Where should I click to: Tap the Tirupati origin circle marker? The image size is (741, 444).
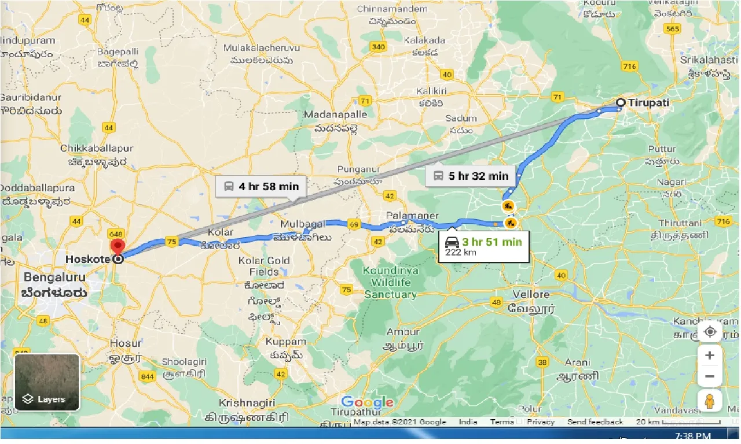620,103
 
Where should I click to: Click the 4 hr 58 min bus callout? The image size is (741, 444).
261,186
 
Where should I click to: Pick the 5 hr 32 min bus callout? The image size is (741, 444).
471,176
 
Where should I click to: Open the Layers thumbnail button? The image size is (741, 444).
47,382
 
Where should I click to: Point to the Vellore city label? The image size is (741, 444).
531,294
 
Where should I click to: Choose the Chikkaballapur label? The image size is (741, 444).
97,149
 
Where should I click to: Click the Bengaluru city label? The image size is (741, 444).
54,277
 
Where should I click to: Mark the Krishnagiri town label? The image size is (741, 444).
250,403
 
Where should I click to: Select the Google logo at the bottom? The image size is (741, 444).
367,402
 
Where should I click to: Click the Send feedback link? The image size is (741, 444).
595,422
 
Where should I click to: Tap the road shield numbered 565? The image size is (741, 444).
673,29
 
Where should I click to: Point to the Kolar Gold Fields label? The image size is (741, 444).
264,266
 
